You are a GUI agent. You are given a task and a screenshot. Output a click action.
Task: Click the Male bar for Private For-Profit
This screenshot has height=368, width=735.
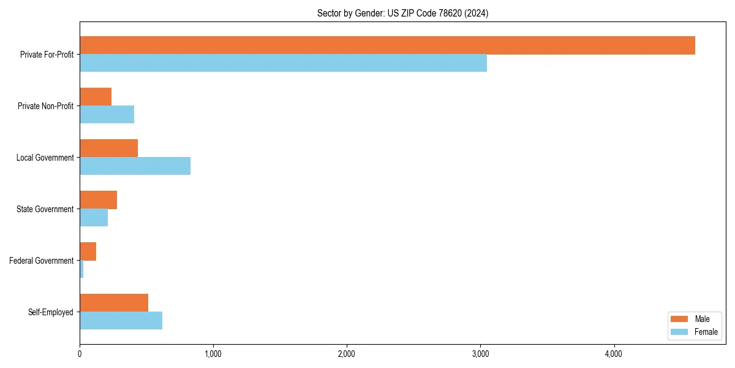(x=387, y=45)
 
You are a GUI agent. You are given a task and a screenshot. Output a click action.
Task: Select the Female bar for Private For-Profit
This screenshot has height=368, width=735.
(x=283, y=63)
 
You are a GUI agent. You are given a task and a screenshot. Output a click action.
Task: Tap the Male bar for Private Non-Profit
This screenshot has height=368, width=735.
(x=96, y=97)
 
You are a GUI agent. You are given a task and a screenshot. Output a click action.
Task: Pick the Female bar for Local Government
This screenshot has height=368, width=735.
(x=135, y=166)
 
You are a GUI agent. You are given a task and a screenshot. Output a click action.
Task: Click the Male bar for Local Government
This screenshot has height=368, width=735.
(x=108, y=148)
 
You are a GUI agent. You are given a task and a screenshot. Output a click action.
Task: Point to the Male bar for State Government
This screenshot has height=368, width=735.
(x=98, y=200)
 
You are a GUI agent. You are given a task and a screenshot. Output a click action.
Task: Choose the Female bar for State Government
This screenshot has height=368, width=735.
(x=94, y=218)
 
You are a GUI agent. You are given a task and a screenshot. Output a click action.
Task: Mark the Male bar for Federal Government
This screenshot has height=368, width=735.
(x=88, y=251)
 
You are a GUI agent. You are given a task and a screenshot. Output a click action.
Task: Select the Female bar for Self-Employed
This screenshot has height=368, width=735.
(x=121, y=321)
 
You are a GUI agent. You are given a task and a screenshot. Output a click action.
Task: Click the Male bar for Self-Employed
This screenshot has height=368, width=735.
(x=114, y=303)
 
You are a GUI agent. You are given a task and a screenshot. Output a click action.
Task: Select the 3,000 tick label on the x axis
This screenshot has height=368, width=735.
(x=480, y=354)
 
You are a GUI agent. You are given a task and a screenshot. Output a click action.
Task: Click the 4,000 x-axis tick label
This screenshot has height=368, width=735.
(x=614, y=354)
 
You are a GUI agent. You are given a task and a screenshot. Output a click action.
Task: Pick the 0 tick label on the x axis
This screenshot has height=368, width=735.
(x=80, y=354)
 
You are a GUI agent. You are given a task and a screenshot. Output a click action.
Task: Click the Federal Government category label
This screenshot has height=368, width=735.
(x=42, y=261)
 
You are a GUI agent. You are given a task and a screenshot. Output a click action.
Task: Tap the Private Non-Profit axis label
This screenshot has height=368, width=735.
(x=45, y=106)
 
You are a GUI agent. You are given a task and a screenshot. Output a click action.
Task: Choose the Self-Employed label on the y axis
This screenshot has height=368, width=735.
(x=51, y=312)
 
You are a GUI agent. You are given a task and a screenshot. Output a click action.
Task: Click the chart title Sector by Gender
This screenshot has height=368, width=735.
(x=402, y=13)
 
